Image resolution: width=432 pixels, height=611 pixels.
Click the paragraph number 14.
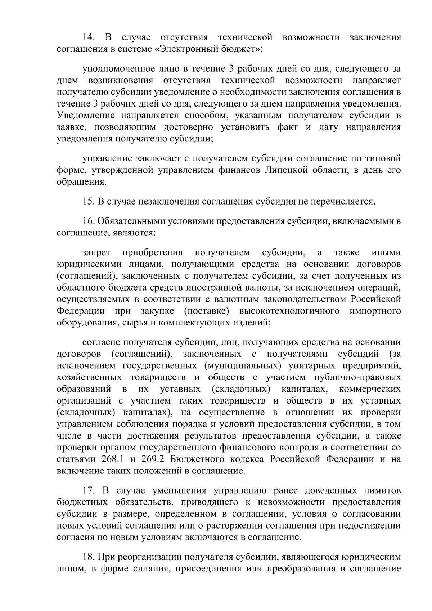[x=89, y=37]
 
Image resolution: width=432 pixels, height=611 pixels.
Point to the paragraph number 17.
[x=89, y=490]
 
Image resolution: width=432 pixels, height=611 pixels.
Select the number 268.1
[x=109, y=459]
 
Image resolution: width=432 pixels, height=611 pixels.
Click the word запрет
[x=96, y=253]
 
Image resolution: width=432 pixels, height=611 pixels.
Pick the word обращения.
[x=81, y=182]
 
